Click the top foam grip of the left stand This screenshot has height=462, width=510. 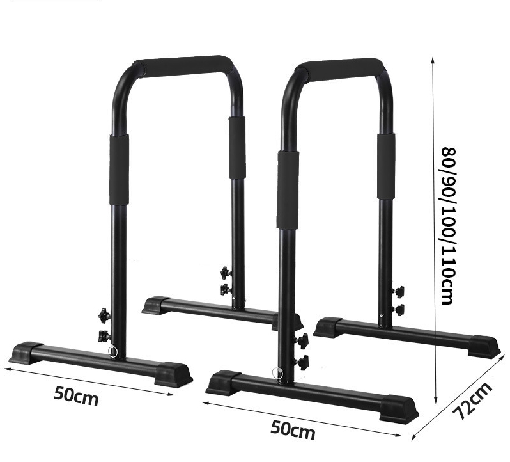pyautogui.click(x=182, y=64)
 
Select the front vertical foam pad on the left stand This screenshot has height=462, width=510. pyautogui.click(x=118, y=169)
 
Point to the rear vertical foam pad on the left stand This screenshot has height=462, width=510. pyautogui.click(x=236, y=148)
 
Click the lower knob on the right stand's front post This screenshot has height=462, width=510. pyautogui.click(x=301, y=362)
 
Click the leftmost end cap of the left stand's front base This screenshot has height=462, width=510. pyautogui.click(x=25, y=351)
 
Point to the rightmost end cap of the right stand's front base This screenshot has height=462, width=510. pyautogui.click(x=402, y=406)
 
